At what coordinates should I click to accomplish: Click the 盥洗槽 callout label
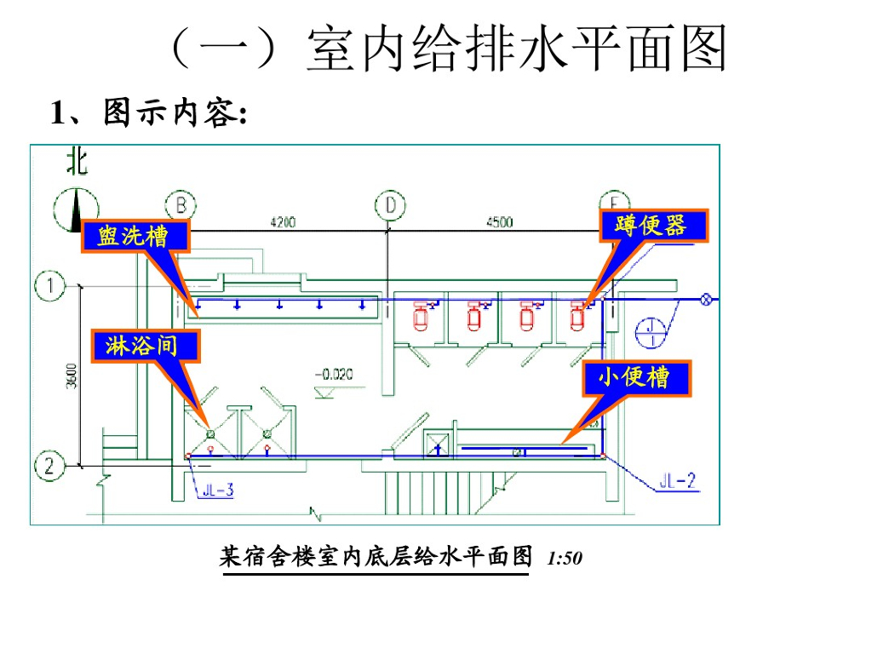click(x=134, y=236)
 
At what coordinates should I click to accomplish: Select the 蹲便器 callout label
click(x=653, y=225)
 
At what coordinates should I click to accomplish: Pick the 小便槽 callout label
click(x=636, y=377)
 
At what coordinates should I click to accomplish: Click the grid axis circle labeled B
click(x=181, y=205)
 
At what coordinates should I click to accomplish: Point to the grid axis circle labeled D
click(x=390, y=205)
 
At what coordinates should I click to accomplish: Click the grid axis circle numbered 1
click(x=51, y=286)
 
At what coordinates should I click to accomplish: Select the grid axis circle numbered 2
click(x=49, y=466)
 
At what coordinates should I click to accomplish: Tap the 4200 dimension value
click(x=283, y=222)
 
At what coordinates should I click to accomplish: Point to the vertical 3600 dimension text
click(x=72, y=376)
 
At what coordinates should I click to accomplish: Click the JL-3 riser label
click(x=218, y=490)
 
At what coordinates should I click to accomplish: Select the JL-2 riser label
click(x=679, y=482)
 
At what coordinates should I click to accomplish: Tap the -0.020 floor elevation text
click(x=333, y=373)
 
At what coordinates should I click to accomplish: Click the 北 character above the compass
click(x=77, y=162)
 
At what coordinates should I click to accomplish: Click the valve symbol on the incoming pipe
click(x=706, y=299)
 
